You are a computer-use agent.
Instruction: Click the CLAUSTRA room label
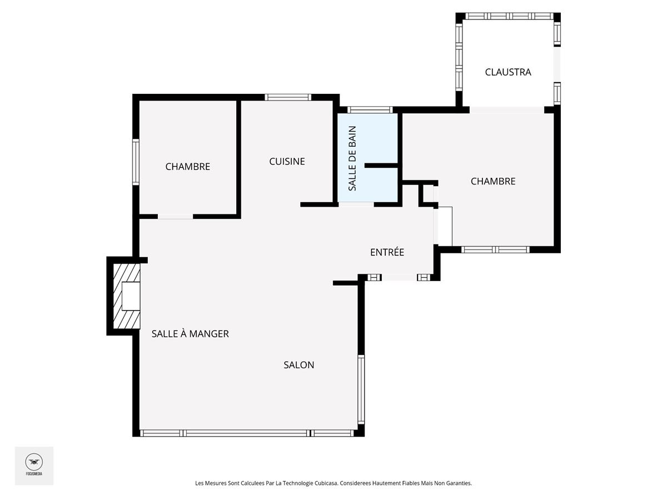pos(508,72)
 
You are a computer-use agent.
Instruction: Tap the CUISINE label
pos(287,161)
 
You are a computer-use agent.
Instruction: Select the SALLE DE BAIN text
pos(352,158)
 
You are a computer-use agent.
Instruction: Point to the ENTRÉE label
pos(387,252)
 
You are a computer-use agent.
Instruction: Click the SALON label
pos(298,364)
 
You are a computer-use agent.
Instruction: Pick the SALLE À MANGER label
pos(190,334)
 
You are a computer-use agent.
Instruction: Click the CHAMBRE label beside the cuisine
pos(187,166)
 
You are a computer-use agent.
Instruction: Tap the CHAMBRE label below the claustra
pos(493,181)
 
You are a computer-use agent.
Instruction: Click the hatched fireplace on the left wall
pos(127,296)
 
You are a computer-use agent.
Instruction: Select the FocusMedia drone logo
pos(34,465)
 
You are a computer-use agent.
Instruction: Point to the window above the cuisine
pos(288,97)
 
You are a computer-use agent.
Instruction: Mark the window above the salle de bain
pos(370,109)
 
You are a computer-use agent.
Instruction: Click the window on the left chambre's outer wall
pos(136,162)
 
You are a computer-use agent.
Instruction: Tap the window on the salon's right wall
pos(361,389)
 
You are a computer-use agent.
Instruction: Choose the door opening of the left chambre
pos(175,217)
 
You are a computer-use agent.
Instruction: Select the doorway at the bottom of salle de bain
pos(356,204)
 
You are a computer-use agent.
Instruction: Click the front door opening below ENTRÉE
pos(399,277)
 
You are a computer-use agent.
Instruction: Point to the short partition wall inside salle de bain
pos(381,166)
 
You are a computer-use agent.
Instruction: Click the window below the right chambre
pos(496,249)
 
